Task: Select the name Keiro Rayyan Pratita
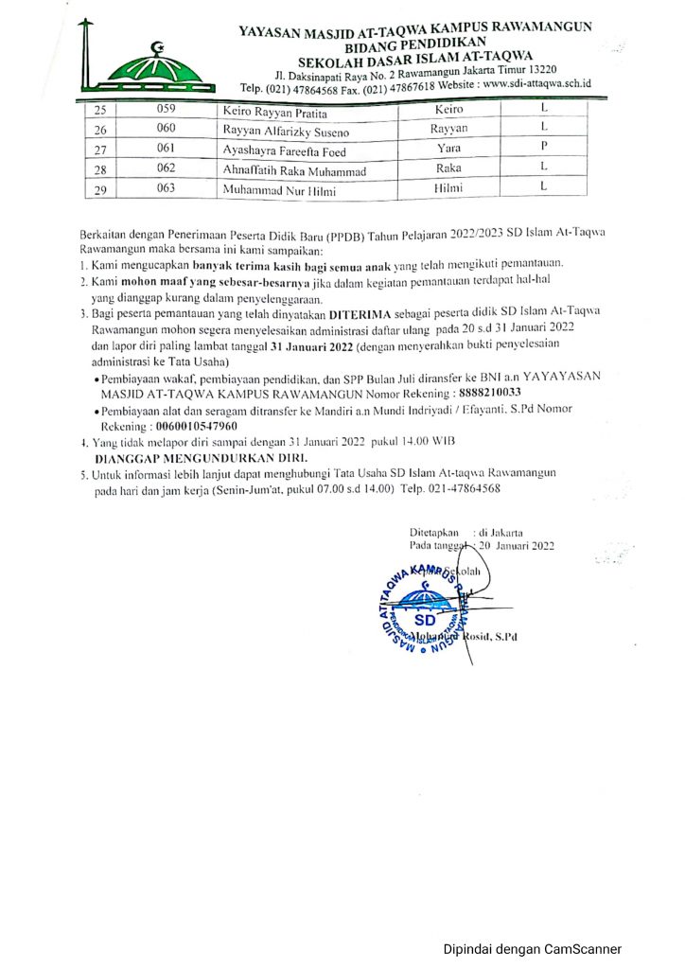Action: [270, 113]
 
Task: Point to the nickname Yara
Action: [448, 150]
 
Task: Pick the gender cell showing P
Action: [544, 148]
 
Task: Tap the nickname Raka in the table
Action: [448, 168]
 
